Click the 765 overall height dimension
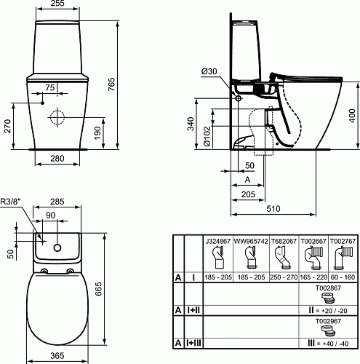(x=111, y=84)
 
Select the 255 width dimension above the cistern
(x=57, y=3)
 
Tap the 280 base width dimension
(x=57, y=159)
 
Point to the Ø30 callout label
(x=209, y=71)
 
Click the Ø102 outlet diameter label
(x=207, y=136)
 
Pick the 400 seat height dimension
(x=353, y=116)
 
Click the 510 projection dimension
(x=273, y=209)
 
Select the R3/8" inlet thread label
(x=11, y=202)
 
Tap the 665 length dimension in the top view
(x=98, y=289)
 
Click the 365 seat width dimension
(x=57, y=356)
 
